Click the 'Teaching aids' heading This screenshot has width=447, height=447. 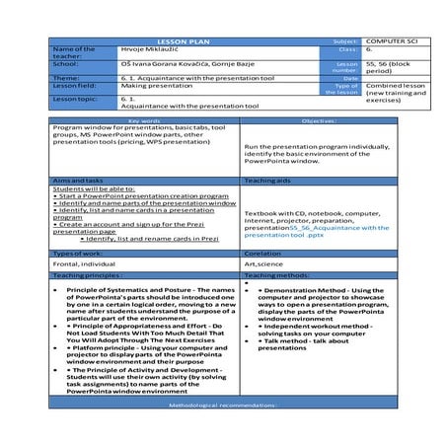tap(266, 181)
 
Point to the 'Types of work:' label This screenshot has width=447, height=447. tap(78, 254)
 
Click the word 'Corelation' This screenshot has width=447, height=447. tap(263, 254)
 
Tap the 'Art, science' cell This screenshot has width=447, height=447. tap(263, 263)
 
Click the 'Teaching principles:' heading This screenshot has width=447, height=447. tap(88, 275)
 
